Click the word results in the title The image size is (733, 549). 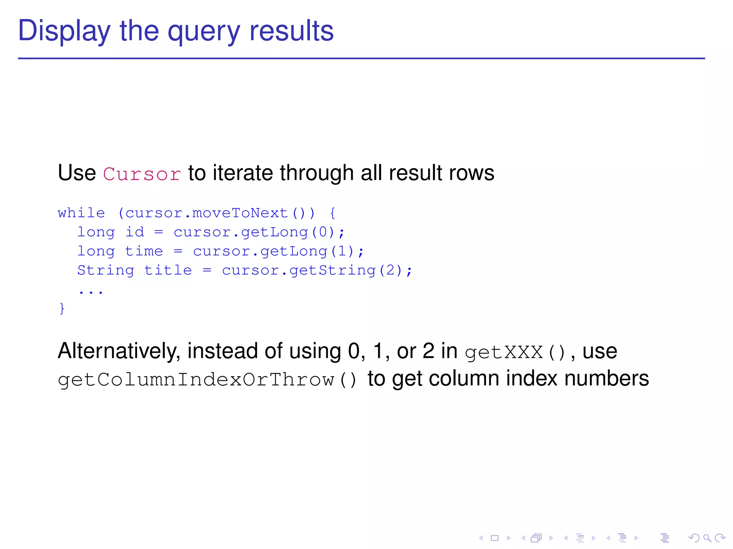[x=291, y=31]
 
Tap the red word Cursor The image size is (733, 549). [x=142, y=174]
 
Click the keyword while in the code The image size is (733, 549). [x=81, y=213]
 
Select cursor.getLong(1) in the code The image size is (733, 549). [x=273, y=251]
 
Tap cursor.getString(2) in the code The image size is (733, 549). [x=312, y=270]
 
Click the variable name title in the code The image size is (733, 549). [x=168, y=270]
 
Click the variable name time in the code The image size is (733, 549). [x=144, y=251]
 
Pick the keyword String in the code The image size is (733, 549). [x=106, y=270]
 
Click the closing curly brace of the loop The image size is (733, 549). [x=62, y=308]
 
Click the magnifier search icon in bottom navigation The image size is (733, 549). [x=707, y=538]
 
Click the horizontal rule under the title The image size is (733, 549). [x=361, y=58]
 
